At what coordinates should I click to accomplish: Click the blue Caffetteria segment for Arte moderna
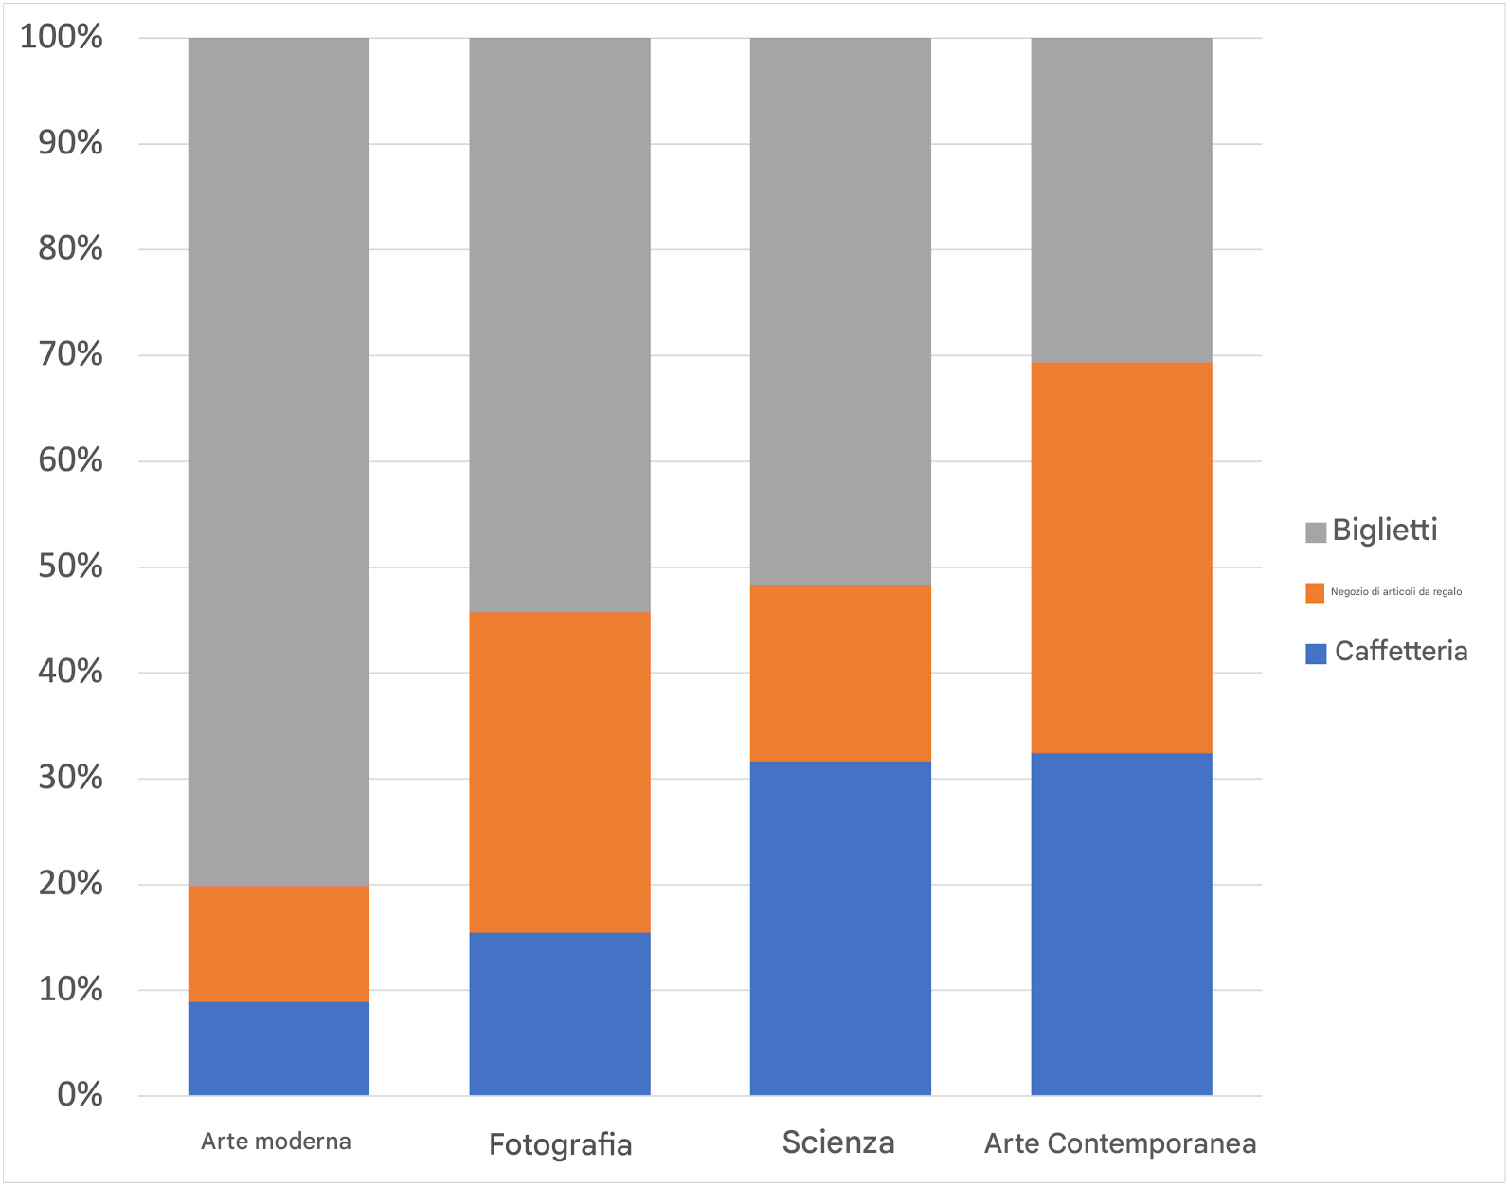[279, 1048]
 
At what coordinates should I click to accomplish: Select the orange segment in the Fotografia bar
[560, 772]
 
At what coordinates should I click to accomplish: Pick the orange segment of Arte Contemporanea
[1121, 557]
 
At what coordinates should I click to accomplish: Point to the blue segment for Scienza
[840, 927]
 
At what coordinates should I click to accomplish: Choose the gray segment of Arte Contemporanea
[1121, 200]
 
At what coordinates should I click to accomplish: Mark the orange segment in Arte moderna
[279, 944]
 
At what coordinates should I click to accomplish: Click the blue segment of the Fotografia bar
[560, 1014]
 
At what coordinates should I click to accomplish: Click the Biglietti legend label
[1384, 531]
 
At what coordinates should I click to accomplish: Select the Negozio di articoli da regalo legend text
[1395, 592]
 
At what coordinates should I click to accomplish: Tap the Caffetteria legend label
[1400, 652]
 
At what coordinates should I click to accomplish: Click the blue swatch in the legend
[1315, 654]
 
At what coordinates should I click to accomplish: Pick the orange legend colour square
[1315, 593]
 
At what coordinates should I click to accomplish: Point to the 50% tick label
[70, 567]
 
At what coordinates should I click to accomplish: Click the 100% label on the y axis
[62, 38]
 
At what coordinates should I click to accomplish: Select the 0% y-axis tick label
[80, 1095]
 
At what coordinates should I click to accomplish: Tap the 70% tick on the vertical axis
[70, 355]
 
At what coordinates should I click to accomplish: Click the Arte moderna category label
[276, 1142]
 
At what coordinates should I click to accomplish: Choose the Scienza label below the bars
[838, 1142]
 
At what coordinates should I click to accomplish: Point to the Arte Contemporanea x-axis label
[1120, 1143]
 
